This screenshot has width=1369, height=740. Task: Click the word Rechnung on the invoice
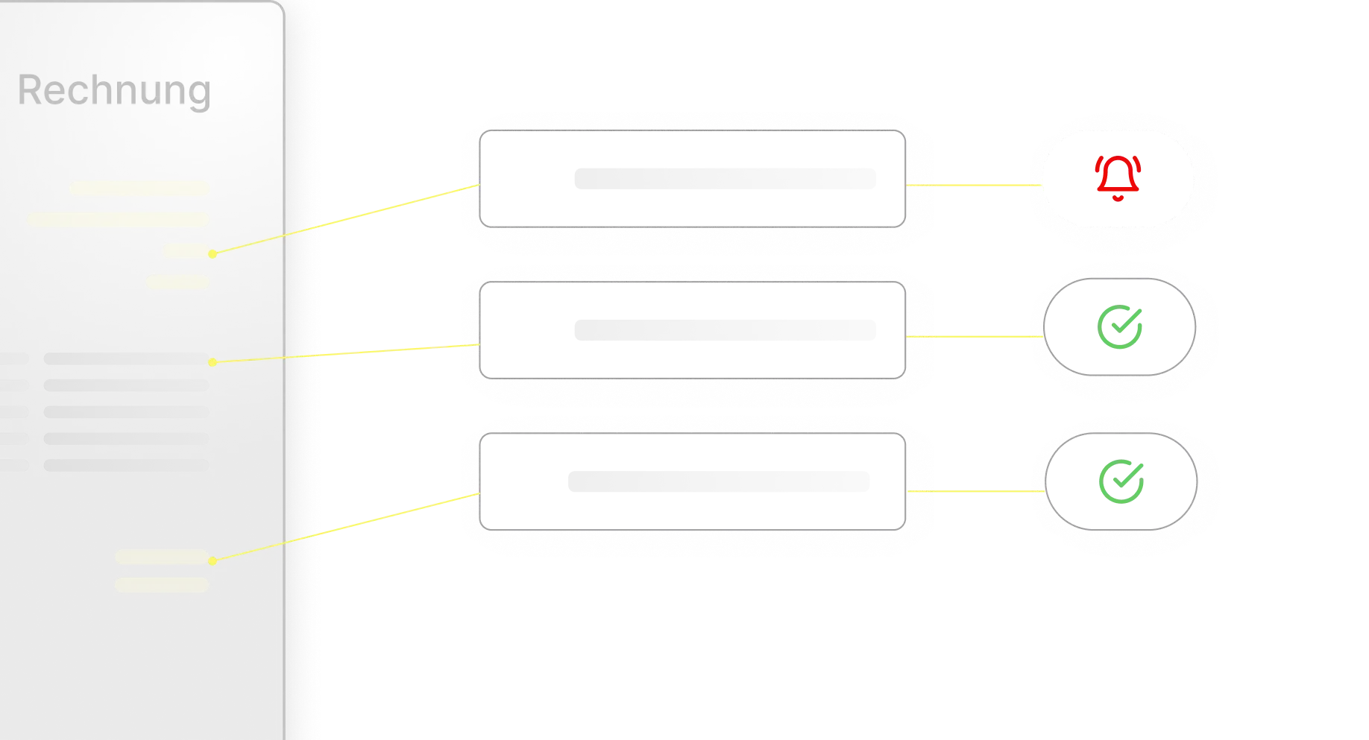pyautogui.click(x=114, y=91)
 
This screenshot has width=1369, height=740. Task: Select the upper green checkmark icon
pyautogui.click(x=1120, y=327)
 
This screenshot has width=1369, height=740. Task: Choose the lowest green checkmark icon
pyautogui.click(x=1121, y=481)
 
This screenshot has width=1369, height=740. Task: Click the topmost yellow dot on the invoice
pyautogui.click(x=213, y=254)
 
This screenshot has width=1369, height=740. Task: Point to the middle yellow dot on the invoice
pyautogui.click(x=213, y=362)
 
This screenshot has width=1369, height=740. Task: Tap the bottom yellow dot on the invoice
pyautogui.click(x=213, y=560)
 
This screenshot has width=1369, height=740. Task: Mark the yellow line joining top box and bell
pyautogui.click(x=973, y=184)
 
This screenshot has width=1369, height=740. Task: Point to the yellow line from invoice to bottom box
pyautogui.click(x=343, y=527)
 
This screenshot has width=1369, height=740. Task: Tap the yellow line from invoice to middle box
pyautogui.click(x=343, y=354)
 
